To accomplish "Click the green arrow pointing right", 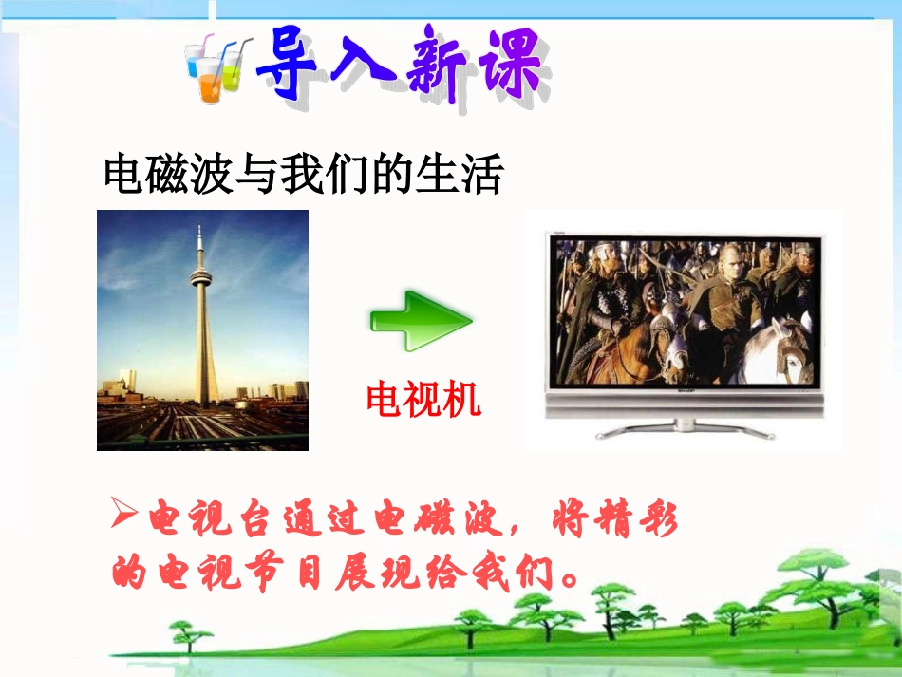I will (x=420, y=321).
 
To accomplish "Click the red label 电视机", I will (x=423, y=402).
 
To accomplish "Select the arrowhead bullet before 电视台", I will (x=125, y=517).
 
